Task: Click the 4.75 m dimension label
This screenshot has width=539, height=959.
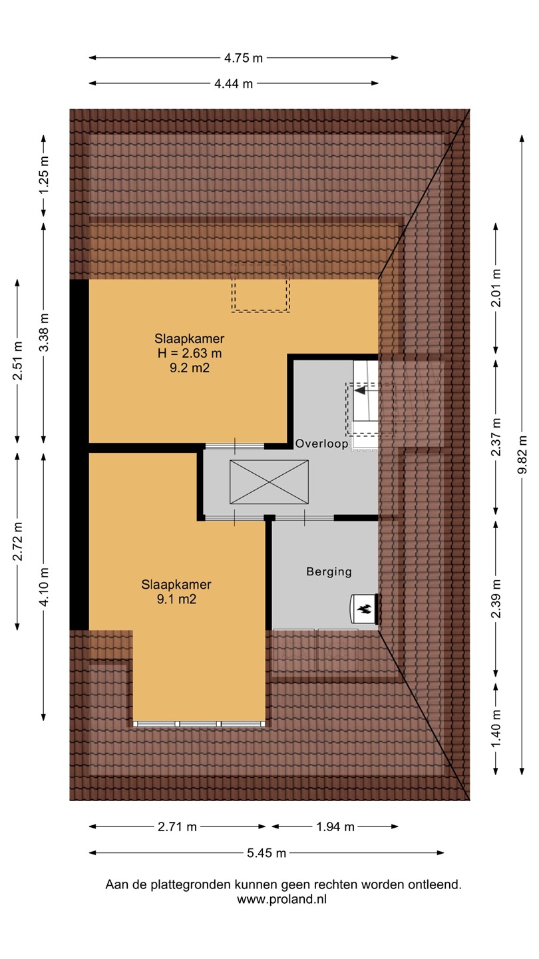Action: coord(244,58)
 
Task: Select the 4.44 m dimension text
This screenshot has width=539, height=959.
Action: coord(234,84)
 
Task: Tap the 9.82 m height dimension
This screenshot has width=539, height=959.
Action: coord(522,455)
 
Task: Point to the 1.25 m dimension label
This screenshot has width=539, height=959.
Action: coord(44,176)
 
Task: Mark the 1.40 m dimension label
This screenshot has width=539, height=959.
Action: coord(496,729)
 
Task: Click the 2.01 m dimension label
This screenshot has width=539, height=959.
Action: coord(496,288)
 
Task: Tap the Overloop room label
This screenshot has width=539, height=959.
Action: coord(321,444)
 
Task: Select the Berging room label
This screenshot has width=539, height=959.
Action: coord(329,572)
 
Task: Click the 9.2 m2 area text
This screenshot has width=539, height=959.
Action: coord(190,368)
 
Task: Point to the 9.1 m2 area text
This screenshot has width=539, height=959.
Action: coord(177,599)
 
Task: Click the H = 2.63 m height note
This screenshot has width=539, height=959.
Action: coord(190,353)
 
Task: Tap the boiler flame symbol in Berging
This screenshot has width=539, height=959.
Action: coord(365,609)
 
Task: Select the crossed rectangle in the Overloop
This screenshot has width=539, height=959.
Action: coord(269,482)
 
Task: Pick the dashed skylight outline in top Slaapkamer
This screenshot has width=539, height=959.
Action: coord(261,288)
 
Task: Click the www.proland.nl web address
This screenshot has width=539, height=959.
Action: coord(282,900)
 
